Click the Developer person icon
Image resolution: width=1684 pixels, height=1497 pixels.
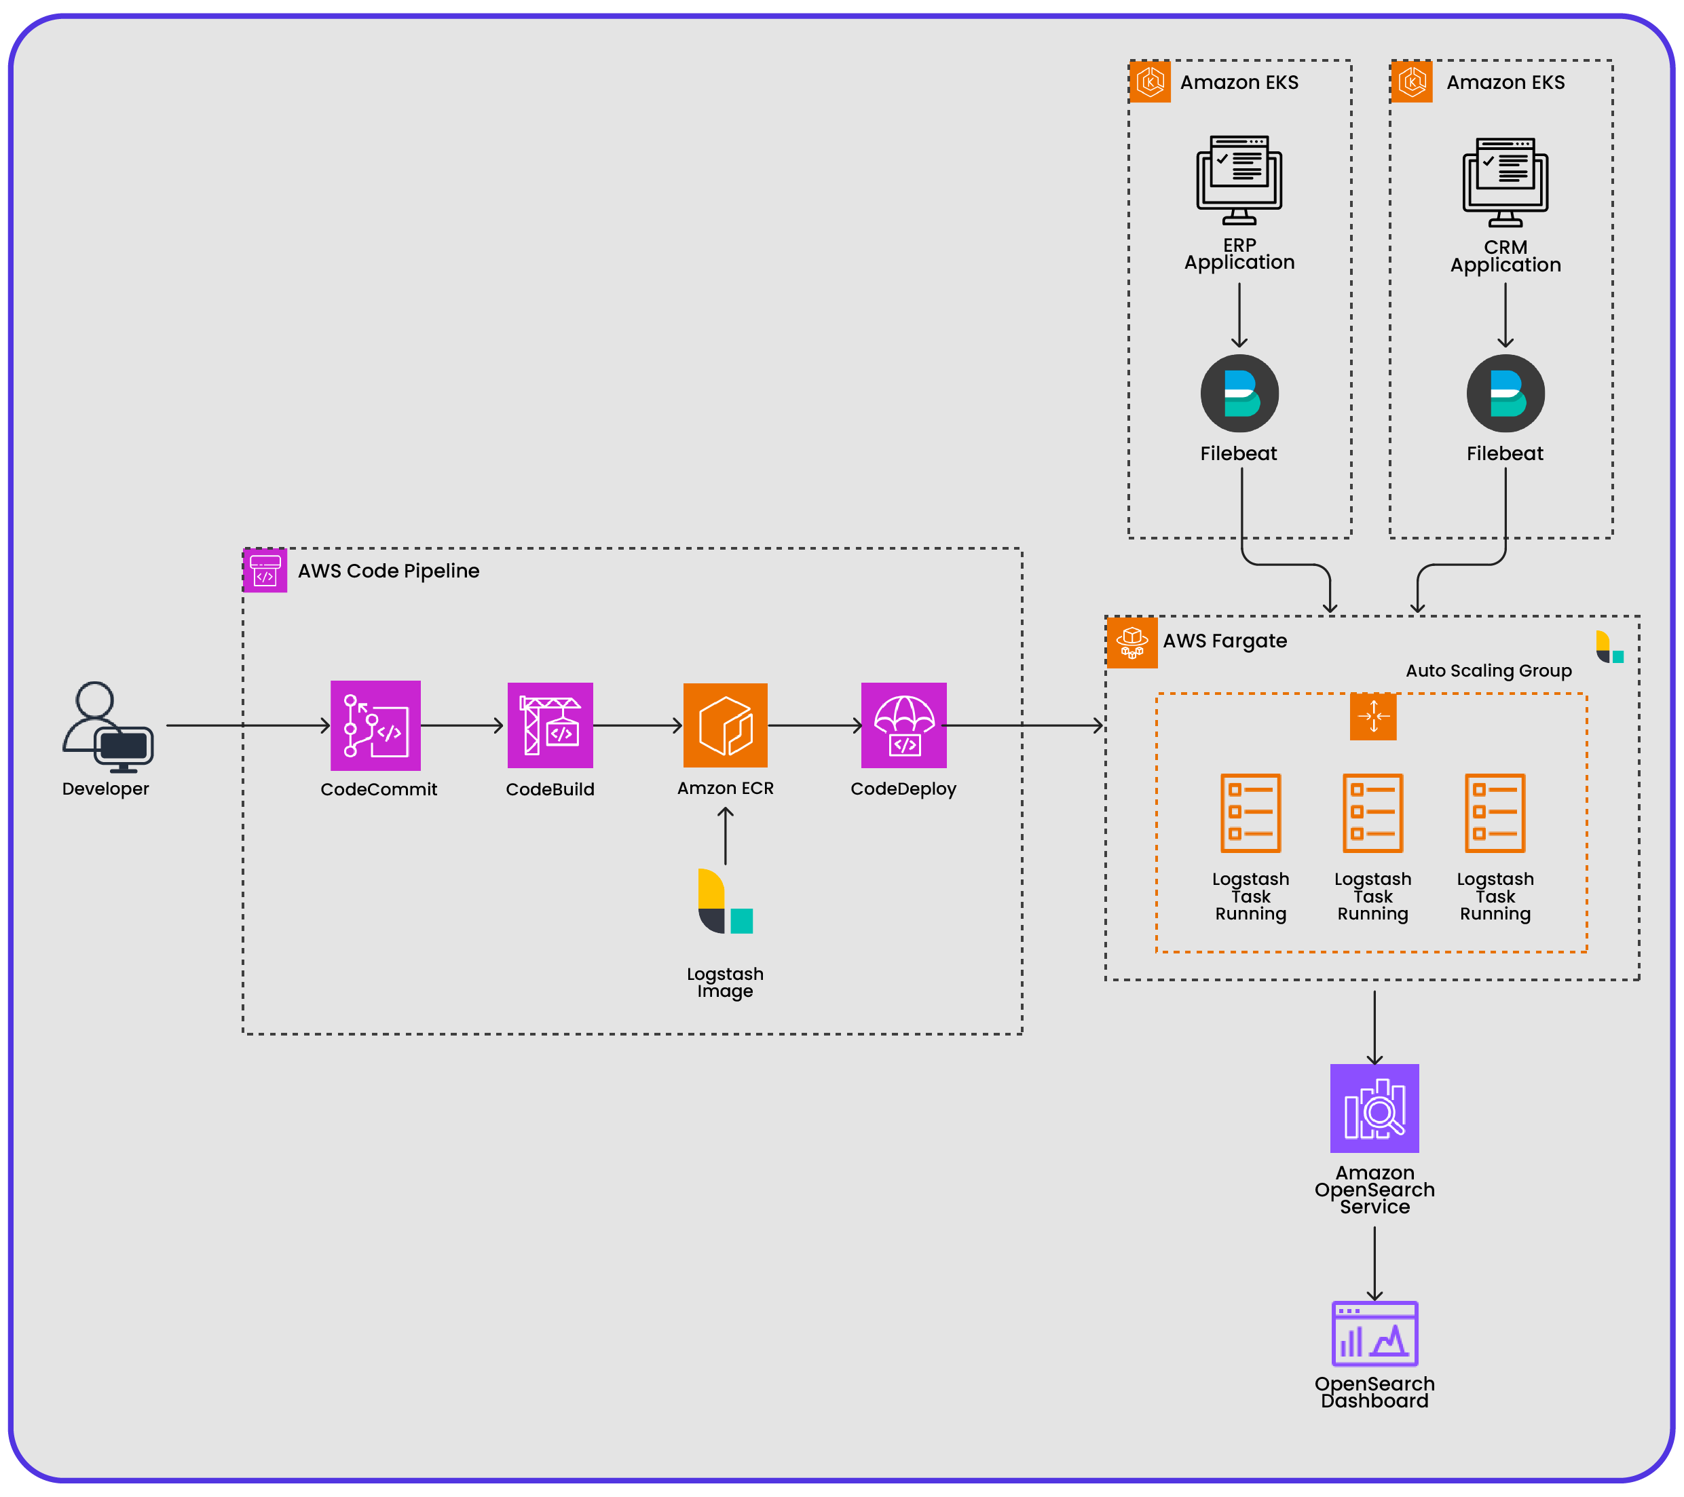coord(107,726)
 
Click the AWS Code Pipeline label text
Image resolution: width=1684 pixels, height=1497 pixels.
coord(388,571)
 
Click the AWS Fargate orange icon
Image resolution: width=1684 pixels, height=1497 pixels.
coord(1131,642)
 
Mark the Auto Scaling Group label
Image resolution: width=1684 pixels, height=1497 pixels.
coord(1488,670)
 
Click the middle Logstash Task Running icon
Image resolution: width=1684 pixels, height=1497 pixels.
coord(1372,812)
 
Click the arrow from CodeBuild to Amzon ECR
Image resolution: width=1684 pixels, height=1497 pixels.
coord(637,726)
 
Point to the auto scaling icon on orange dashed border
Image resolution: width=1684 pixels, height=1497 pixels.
coord(1372,716)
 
